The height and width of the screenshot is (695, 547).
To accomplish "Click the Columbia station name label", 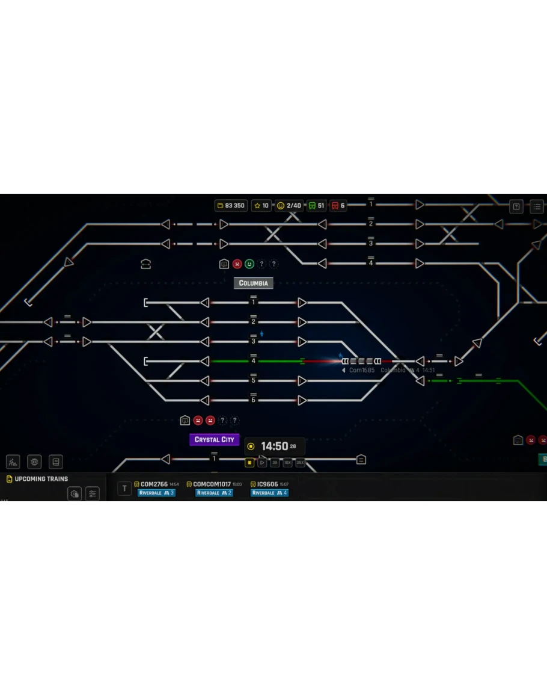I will tap(253, 283).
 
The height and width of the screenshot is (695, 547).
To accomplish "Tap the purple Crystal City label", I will tap(214, 440).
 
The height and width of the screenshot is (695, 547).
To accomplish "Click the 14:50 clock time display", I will tap(275, 446).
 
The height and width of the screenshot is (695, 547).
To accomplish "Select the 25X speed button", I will tap(301, 463).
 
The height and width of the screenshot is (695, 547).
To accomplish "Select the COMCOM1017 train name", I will tap(212, 484).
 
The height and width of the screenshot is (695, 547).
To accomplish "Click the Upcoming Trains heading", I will tap(41, 479).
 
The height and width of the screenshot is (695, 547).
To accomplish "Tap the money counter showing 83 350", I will tap(231, 206).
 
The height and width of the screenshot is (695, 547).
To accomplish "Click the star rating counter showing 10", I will tap(261, 206).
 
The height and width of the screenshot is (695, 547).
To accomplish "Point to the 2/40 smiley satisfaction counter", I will tap(289, 206).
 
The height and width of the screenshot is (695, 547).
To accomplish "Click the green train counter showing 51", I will tap(317, 206).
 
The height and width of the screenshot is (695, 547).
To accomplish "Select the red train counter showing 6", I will tap(338, 206).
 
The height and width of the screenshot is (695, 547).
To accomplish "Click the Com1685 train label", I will tap(361, 371).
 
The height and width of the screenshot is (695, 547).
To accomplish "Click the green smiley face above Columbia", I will tap(249, 264).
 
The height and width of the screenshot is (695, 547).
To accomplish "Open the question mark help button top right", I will tap(516, 206).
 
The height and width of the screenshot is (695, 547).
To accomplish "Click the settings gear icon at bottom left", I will tap(34, 462).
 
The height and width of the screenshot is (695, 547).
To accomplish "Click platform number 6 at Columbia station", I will tap(254, 400).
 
